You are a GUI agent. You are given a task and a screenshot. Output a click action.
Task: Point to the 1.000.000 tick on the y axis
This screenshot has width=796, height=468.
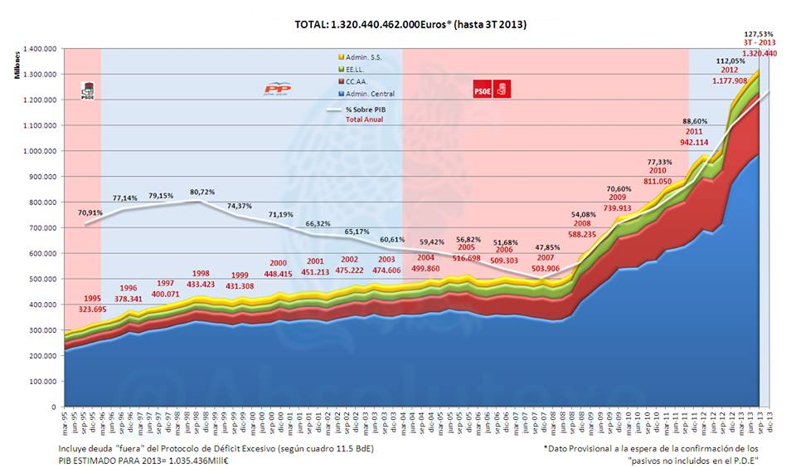(x=38, y=151)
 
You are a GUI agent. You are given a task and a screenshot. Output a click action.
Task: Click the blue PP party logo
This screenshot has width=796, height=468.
(x=277, y=89)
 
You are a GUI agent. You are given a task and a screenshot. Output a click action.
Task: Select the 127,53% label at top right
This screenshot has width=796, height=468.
(x=760, y=33)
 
